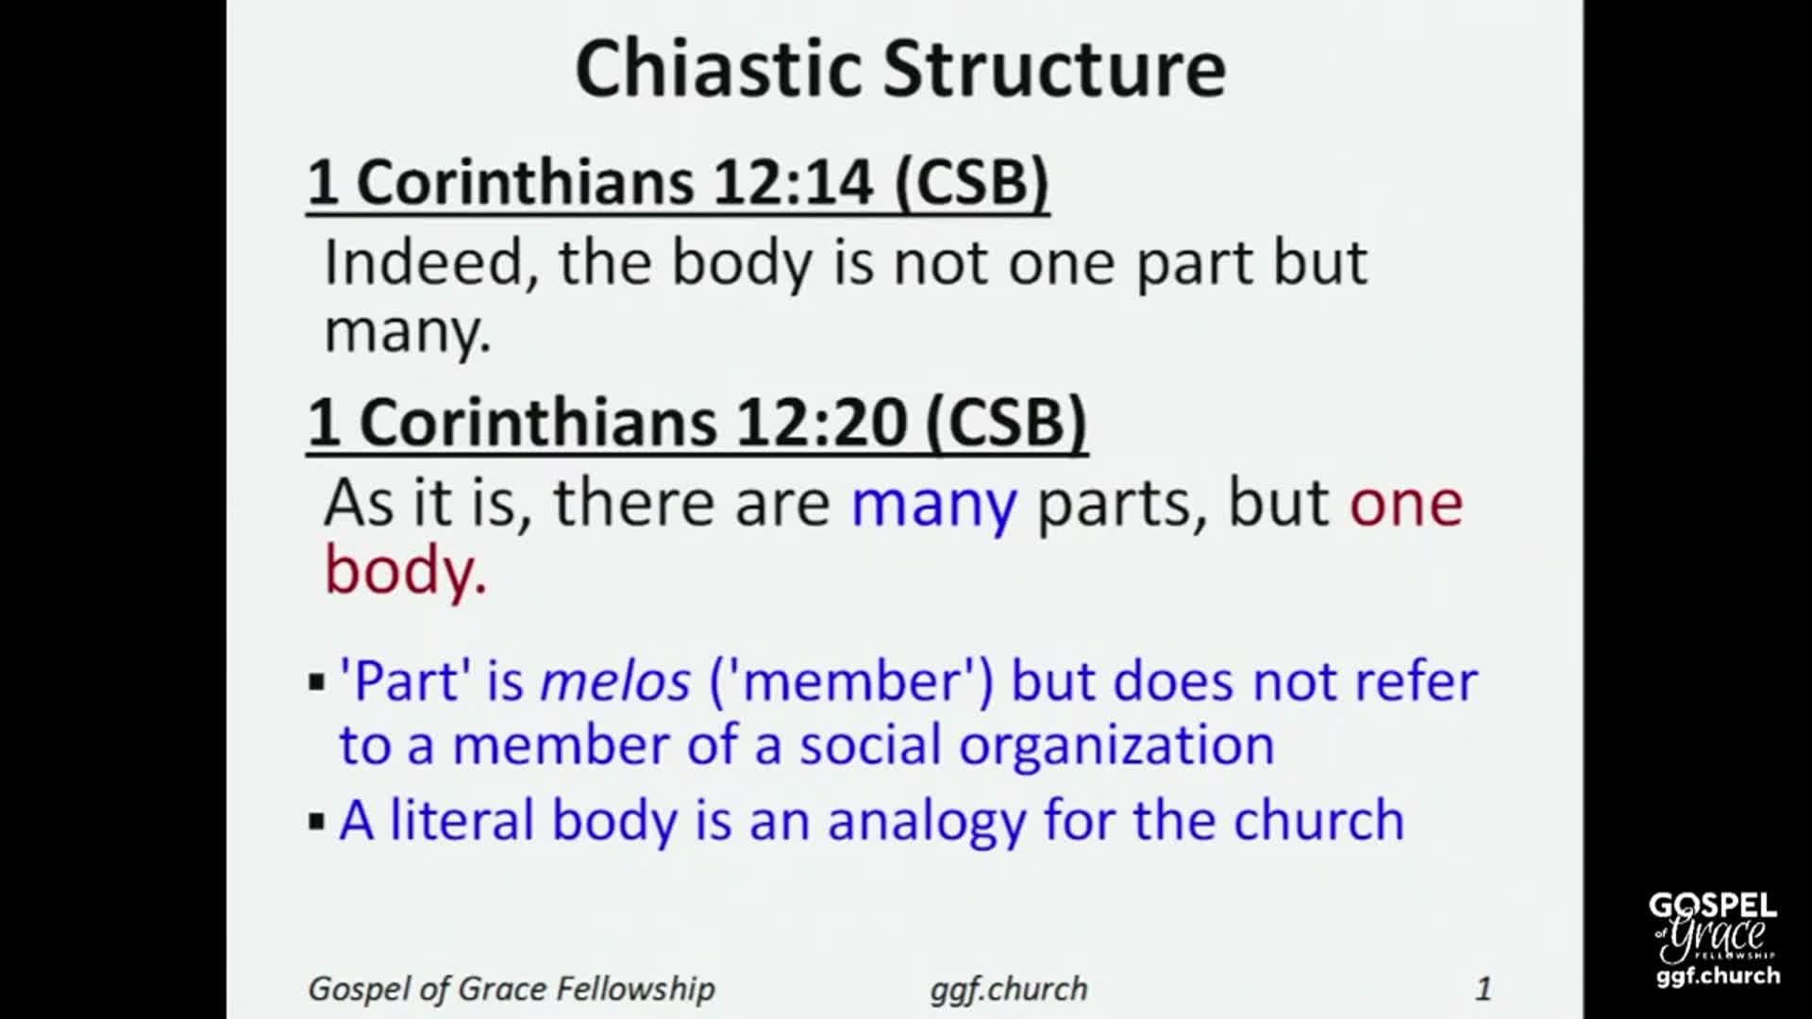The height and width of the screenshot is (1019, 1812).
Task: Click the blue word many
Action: [933, 503]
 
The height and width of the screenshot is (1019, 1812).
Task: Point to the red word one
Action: [1405, 503]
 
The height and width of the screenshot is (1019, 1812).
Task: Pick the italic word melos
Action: [614, 681]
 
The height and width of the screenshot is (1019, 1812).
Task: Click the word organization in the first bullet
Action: [1116, 745]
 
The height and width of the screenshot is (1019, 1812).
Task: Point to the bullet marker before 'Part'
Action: [316, 682]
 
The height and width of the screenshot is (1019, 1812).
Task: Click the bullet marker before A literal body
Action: [316, 821]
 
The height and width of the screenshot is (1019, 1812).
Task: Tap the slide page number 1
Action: [1483, 988]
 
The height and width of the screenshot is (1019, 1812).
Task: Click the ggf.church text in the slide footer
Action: [1008, 988]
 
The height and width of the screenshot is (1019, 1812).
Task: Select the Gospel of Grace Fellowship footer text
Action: [512, 988]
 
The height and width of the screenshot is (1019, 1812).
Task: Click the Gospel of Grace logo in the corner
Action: [1713, 940]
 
